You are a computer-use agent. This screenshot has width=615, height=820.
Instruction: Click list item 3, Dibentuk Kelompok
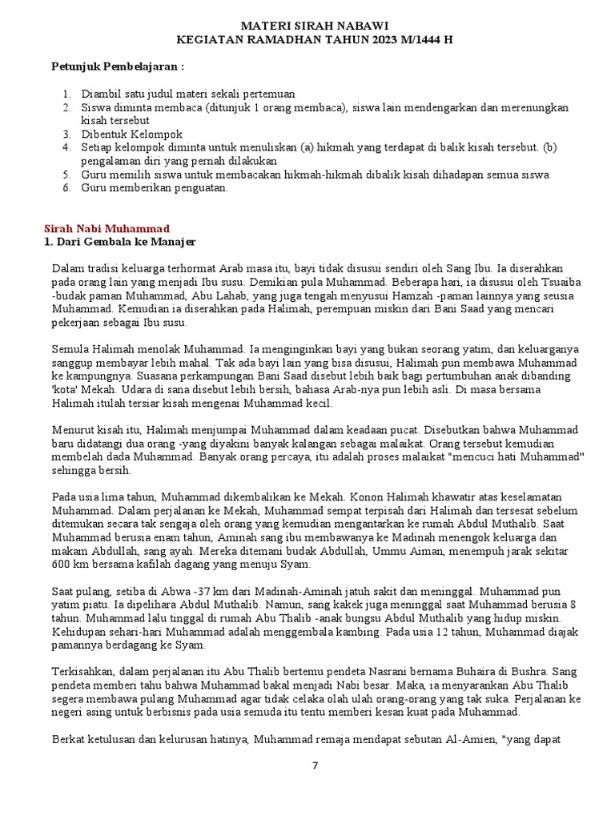[x=131, y=134]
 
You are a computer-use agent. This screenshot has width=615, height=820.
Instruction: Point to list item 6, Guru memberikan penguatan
[x=155, y=188]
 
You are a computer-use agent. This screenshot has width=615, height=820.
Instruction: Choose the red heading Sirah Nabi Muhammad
[x=105, y=229]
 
